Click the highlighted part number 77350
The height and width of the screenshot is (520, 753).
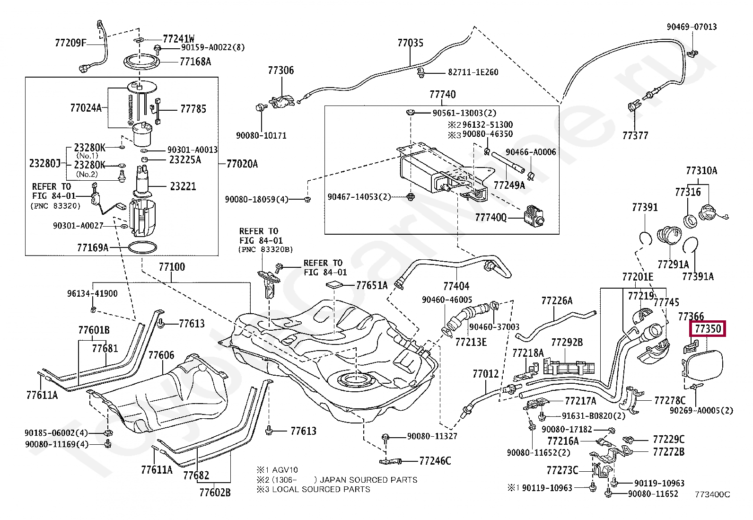708,329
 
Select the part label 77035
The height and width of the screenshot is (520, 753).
410,43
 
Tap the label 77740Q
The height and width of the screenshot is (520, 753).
490,217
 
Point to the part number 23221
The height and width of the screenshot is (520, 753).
183,186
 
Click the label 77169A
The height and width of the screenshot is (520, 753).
93,247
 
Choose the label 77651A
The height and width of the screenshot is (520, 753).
372,285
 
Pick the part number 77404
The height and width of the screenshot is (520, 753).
456,286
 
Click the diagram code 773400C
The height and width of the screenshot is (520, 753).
713,494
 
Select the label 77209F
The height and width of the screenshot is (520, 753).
70,43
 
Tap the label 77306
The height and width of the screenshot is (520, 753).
280,71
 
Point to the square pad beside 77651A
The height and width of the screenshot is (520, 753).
334,285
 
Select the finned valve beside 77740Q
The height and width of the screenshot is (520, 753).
534,216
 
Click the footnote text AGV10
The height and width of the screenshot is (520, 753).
285,470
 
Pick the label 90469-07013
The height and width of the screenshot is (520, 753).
692,26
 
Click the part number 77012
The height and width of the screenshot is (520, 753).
485,374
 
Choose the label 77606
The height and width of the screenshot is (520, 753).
161,355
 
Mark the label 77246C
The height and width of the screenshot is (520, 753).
435,461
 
